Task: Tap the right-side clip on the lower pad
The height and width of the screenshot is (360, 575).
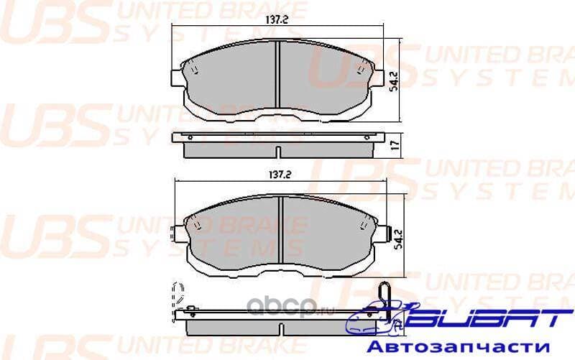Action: click(390, 234)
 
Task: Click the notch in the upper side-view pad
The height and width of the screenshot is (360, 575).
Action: click(277, 152)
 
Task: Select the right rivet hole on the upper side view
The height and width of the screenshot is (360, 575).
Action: click(367, 137)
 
